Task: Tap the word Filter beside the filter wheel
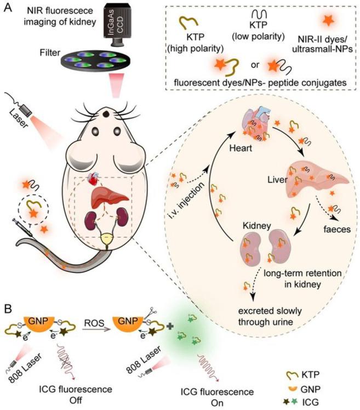pyautogui.click(x=50, y=53)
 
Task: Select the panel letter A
pyautogui.click(x=8, y=8)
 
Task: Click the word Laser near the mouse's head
pyautogui.click(x=19, y=119)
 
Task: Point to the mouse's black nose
pyautogui.click(x=106, y=114)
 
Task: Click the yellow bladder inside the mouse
pyautogui.click(x=107, y=239)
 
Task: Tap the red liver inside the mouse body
pyautogui.click(x=109, y=198)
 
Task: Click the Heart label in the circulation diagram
pyautogui.click(x=241, y=148)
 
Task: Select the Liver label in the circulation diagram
pyautogui.click(x=277, y=180)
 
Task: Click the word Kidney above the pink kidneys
pyautogui.click(x=257, y=226)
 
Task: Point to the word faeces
pyautogui.click(x=337, y=230)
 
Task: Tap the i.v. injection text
pyautogui.click(x=186, y=201)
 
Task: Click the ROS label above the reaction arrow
pyautogui.click(x=94, y=323)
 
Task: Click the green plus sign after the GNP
pyautogui.click(x=170, y=326)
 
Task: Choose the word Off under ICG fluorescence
pyautogui.click(x=76, y=400)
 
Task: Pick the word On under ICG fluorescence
pyautogui.click(x=217, y=403)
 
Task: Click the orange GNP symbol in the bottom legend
pyautogui.click(x=293, y=389)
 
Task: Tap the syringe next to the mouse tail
pyautogui.click(x=23, y=228)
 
